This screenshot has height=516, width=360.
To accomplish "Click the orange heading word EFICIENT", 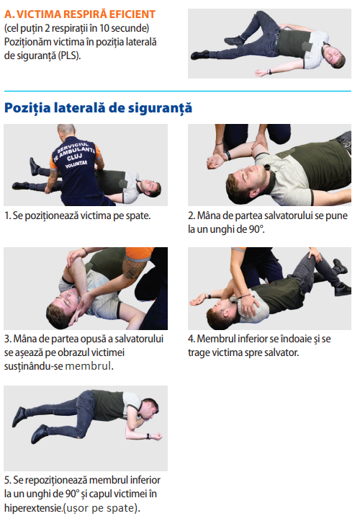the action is [x=132, y=14].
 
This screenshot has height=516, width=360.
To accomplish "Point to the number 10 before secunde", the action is [x=104, y=28].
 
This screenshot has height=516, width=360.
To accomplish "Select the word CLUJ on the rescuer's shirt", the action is [x=75, y=157].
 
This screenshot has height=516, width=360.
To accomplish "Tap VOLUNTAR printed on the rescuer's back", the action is [x=76, y=164].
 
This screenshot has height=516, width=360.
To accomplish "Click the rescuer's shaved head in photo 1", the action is [x=66, y=130].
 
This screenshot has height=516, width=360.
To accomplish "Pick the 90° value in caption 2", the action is [x=256, y=229].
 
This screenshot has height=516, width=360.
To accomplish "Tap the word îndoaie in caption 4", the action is [x=289, y=339].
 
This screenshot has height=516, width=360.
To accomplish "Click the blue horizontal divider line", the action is [x=178, y=91].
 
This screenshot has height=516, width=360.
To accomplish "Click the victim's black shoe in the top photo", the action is [x=200, y=55].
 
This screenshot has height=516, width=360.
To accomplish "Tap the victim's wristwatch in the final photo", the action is [x=148, y=436].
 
